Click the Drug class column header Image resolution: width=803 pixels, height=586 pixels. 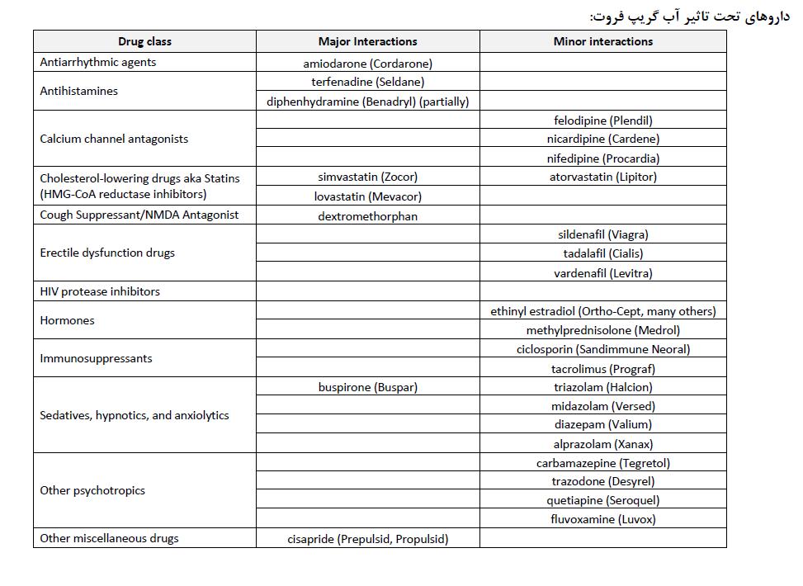point(144,41)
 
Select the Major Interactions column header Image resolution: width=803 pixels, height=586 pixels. point(367,41)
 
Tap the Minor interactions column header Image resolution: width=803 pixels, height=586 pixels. point(602,41)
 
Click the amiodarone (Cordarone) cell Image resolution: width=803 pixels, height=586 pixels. point(367,63)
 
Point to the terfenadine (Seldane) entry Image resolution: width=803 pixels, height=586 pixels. point(367,82)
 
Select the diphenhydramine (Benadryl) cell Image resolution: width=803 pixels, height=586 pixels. point(367,102)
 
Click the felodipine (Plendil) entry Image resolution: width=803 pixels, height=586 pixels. point(602,121)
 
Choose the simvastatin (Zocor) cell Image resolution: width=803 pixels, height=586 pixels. point(367,177)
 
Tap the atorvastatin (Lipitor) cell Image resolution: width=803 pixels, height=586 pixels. point(602,177)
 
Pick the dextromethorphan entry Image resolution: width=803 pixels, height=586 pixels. point(367,216)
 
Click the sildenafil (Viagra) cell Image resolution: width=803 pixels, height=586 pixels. point(602,234)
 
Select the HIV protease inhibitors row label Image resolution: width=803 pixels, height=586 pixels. point(100,291)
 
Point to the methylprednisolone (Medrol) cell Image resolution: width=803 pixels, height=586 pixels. point(602,330)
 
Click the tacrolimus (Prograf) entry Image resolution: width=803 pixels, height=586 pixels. point(602,369)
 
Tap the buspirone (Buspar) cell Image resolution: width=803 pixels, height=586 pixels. point(367,387)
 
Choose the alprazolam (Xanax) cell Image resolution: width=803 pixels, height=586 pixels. point(602,444)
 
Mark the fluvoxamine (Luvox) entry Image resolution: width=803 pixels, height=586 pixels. point(602,519)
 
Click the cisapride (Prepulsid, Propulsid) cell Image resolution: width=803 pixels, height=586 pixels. point(367,539)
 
